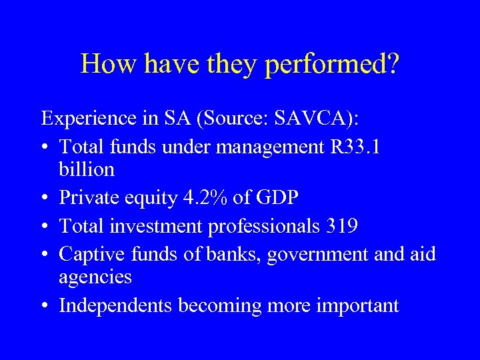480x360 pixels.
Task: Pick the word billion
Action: (x=87, y=169)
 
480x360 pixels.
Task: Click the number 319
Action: (x=342, y=226)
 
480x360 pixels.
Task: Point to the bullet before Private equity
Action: (x=46, y=198)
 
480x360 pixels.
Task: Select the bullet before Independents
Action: (x=46, y=305)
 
